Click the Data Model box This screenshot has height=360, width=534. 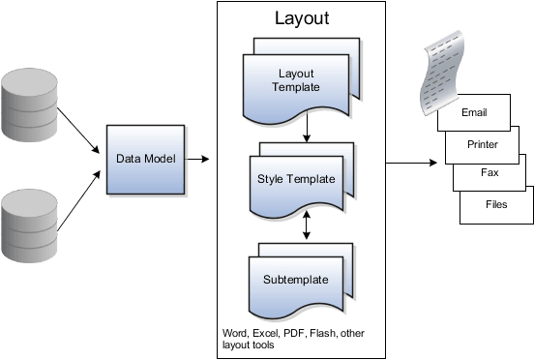[x=145, y=158]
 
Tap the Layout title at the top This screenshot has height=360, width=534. [x=302, y=17]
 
